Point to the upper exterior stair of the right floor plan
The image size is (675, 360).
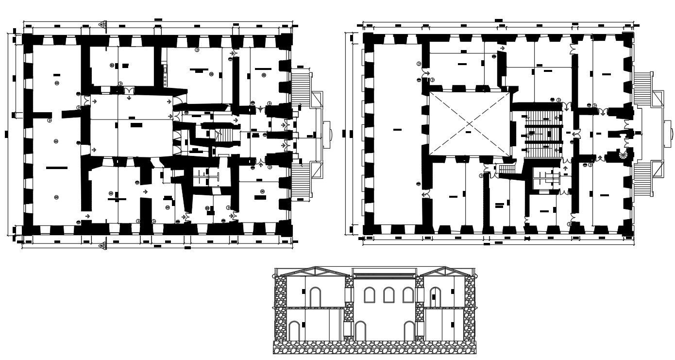643,87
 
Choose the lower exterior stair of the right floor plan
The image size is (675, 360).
643,178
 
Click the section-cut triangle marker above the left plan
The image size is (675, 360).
102,24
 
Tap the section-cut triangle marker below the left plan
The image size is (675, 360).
102,246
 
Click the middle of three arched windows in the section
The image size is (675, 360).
388,295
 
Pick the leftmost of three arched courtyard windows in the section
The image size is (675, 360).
370,295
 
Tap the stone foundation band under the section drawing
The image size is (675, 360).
374,347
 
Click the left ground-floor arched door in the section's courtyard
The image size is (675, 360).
360,330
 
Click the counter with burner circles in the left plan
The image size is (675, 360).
165,76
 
